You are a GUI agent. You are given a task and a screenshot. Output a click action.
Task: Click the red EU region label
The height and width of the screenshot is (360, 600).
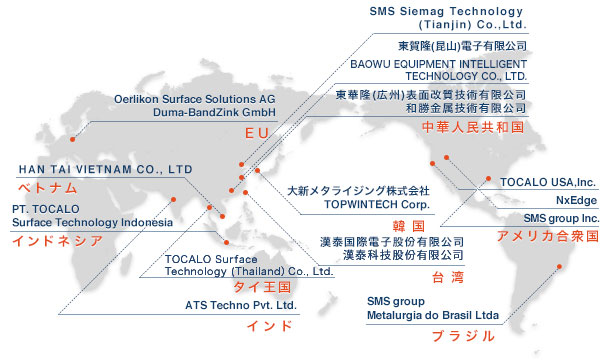[257, 133]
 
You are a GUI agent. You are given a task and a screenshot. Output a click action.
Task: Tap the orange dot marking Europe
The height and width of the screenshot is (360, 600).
[72, 139]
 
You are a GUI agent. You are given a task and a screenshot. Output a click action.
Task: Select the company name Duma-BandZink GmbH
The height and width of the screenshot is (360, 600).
[214, 112]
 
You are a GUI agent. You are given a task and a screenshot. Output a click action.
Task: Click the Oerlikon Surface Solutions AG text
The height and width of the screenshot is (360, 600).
[194, 99]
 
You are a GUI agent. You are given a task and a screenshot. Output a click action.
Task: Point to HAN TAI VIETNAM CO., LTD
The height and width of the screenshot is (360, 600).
[106, 169]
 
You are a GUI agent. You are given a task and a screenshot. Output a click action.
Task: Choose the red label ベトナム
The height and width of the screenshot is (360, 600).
[47, 188]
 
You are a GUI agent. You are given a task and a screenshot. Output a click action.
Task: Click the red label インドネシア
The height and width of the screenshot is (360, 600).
[57, 241]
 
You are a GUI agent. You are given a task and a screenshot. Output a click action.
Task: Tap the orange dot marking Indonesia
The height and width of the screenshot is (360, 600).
[227, 243]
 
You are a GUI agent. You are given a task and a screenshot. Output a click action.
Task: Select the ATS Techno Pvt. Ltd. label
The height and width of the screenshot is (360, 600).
[241, 305]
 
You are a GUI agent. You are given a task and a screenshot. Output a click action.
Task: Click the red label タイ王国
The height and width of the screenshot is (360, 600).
[262, 287]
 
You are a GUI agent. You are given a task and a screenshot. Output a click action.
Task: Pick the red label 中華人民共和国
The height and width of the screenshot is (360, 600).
[473, 127]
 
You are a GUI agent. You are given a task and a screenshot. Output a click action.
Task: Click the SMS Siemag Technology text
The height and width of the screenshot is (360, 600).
[446, 11]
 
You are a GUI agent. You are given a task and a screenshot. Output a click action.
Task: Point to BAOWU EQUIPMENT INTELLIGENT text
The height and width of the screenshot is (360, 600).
[439, 64]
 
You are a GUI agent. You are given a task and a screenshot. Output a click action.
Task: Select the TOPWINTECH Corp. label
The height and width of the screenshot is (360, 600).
[377, 204]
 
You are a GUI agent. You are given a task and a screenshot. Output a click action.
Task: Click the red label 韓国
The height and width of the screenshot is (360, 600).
[409, 226]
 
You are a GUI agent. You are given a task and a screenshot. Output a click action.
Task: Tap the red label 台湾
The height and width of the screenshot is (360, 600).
[448, 277]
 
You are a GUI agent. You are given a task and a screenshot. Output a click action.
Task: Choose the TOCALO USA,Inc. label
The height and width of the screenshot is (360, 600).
[548, 182]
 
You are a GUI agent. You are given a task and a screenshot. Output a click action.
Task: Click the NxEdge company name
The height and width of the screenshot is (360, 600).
[576, 200]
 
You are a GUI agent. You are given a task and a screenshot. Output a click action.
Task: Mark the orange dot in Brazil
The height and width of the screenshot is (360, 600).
[559, 266]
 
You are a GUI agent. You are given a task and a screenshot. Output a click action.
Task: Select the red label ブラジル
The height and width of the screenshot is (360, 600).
[463, 336]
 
